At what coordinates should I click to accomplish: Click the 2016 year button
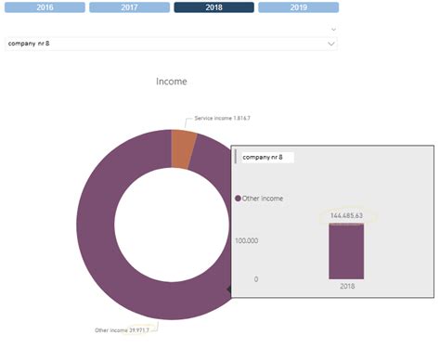tap(44, 7)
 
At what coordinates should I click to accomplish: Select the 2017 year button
tap(129, 7)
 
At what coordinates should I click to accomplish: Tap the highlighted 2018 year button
tap(214, 7)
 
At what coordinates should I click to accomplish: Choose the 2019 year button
tap(298, 7)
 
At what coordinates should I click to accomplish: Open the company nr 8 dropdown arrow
tap(331, 43)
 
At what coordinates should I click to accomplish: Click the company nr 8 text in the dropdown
tap(29, 43)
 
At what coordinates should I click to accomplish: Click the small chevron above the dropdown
tap(332, 29)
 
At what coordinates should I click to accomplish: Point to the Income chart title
tap(171, 82)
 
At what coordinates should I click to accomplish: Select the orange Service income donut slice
tap(183, 148)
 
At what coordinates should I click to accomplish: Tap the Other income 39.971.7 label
tap(124, 329)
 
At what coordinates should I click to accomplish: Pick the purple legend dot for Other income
tap(238, 199)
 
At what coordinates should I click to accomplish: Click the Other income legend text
tap(265, 199)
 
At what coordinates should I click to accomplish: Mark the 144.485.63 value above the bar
tap(345, 215)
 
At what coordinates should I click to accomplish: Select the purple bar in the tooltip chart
tap(345, 251)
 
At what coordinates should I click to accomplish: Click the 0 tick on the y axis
tap(255, 279)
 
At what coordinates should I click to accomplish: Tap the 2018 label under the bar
tap(345, 286)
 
